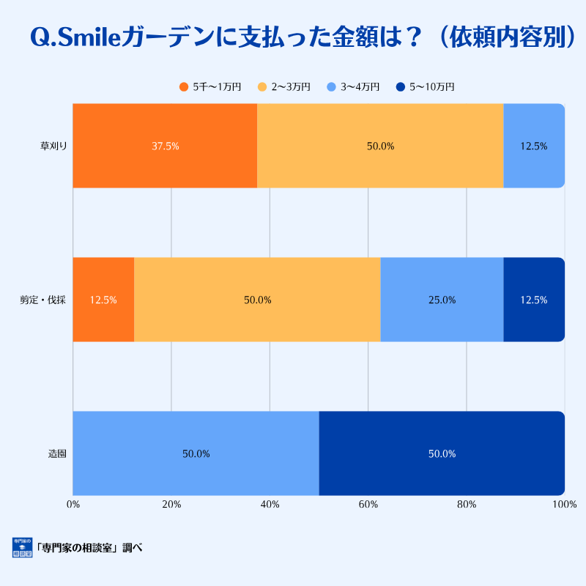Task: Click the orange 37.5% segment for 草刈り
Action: click(x=165, y=146)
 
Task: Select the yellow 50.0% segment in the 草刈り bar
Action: click(x=380, y=146)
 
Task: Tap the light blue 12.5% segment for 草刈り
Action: click(x=533, y=146)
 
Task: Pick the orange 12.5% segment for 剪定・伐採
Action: click(x=103, y=300)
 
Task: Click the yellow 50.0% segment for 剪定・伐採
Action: click(x=257, y=300)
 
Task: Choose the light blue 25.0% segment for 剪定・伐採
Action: click(x=442, y=300)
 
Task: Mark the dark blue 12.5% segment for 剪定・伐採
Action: click(x=533, y=300)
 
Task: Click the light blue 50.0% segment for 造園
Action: click(x=196, y=453)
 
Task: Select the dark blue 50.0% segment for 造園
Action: click(x=442, y=453)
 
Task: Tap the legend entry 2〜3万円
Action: click(x=285, y=87)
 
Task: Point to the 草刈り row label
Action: click(x=53, y=146)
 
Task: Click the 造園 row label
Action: click(x=57, y=453)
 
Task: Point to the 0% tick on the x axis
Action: click(x=73, y=504)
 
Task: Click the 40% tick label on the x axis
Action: click(x=270, y=504)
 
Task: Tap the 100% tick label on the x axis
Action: click(x=565, y=504)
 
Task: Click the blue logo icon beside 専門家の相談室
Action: click(x=22, y=547)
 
